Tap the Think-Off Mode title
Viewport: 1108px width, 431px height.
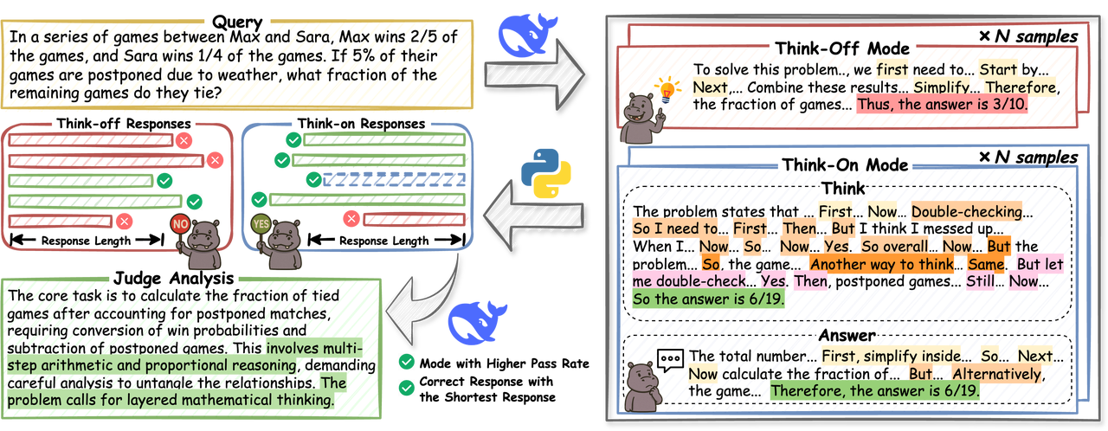coord(842,48)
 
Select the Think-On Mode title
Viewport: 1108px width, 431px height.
coord(844,164)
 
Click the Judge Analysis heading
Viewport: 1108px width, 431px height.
coord(173,278)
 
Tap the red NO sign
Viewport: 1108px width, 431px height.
coord(180,222)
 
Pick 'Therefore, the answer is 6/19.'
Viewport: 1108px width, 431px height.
coord(874,390)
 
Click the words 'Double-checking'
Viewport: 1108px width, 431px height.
coord(966,211)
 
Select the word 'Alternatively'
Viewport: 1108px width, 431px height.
coord(996,373)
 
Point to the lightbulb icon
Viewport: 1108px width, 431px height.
coord(666,87)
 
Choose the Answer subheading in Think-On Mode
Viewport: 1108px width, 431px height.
coord(847,334)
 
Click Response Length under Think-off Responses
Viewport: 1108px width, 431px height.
coord(86,240)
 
